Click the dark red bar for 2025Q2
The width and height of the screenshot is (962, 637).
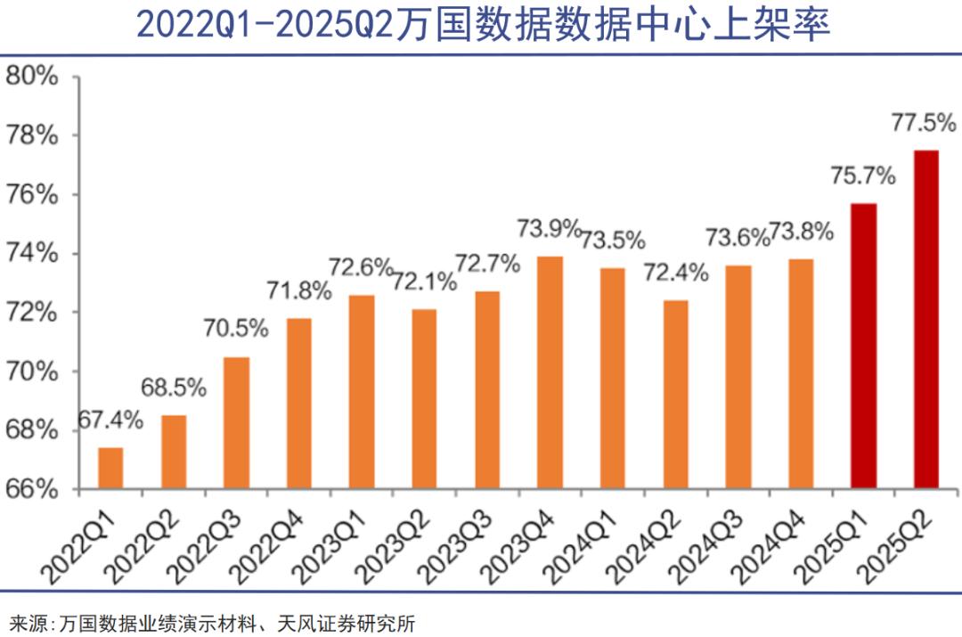926,319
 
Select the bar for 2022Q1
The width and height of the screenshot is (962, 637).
110,468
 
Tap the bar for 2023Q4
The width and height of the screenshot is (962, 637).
550,372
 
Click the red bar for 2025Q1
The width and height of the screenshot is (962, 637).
864,346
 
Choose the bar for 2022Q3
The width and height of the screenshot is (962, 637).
236,422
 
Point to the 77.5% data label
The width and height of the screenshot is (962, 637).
923,123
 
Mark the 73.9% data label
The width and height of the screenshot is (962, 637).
549,229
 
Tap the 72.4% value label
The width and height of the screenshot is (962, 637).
677,273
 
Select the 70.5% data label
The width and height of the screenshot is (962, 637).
237,329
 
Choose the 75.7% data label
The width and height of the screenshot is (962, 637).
862,176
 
